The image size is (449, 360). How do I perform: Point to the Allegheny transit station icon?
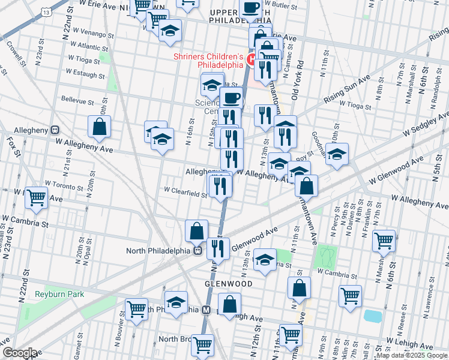tap(55, 129)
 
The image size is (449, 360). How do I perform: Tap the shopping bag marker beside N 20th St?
tap(100, 127)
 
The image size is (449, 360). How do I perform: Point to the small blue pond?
tap(372, 316)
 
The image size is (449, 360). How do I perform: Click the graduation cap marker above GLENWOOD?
tap(265, 260)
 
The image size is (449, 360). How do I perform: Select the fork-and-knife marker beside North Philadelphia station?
tap(218, 249)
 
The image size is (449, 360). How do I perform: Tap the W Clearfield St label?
tap(185, 190)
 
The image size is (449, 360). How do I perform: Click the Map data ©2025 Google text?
tap(412, 355)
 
